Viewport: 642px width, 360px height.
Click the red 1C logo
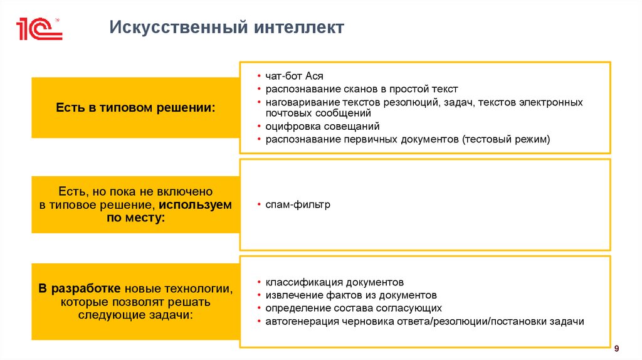click(x=39, y=29)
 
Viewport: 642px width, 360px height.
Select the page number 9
click(x=617, y=348)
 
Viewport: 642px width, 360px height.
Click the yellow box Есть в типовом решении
click(x=135, y=108)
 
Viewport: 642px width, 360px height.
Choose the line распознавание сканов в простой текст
click(x=361, y=89)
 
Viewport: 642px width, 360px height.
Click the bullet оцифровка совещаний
click(x=322, y=126)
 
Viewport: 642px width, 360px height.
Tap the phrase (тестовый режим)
click(x=506, y=139)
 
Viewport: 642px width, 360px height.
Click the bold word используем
click(x=195, y=204)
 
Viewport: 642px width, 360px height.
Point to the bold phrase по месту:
click(x=135, y=218)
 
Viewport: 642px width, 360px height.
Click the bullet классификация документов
click(x=339, y=282)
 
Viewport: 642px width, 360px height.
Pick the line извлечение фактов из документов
click(x=350, y=295)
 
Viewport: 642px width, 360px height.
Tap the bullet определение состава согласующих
click(x=353, y=308)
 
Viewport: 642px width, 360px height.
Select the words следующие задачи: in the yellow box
click(x=135, y=315)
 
